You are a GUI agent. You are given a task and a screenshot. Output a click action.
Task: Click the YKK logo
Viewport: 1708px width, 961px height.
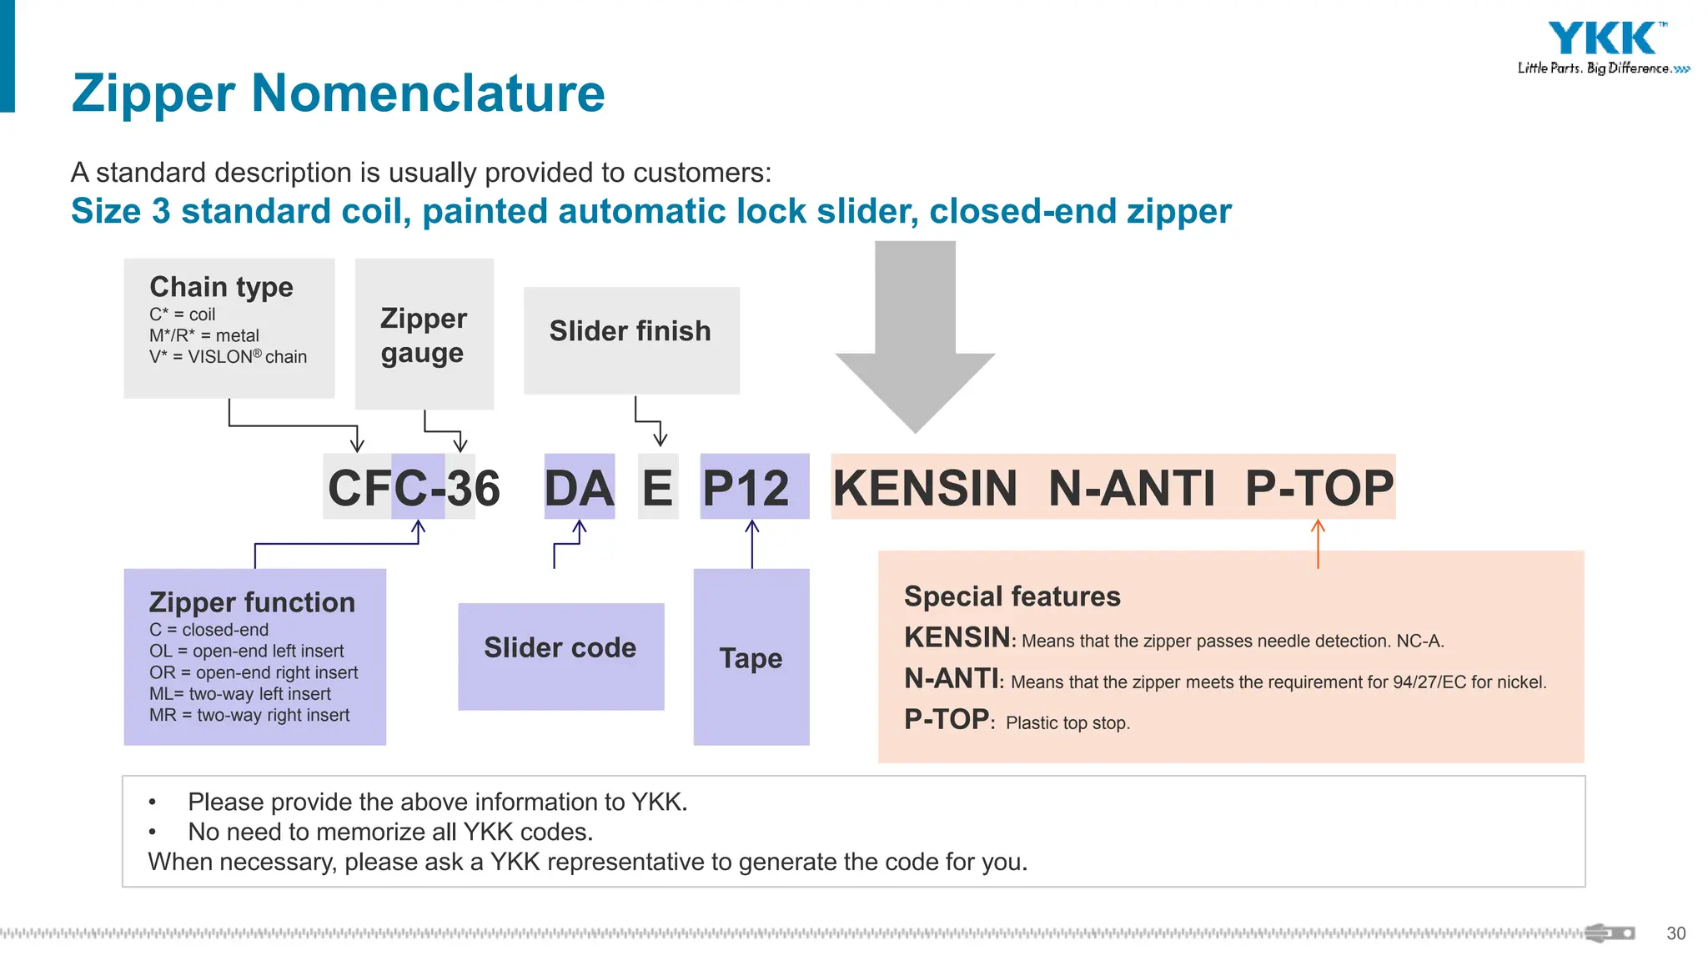[1602, 39]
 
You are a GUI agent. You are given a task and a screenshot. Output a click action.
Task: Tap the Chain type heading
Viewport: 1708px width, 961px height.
[221, 286]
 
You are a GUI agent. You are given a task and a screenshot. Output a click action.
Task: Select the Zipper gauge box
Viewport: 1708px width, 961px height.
[424, 335]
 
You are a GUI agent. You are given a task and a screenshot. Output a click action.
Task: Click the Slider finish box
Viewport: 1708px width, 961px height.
[630, 331]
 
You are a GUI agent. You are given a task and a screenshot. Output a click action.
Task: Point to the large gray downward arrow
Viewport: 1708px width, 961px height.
[915, 334]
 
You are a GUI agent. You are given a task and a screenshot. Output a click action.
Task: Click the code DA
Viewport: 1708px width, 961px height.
[579, 487]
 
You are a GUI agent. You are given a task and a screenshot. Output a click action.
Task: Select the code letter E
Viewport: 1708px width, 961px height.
[657, 487]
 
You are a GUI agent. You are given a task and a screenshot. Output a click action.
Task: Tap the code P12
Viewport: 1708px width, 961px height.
[746, 487]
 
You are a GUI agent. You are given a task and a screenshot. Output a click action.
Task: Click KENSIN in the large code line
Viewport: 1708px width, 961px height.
[925, 487]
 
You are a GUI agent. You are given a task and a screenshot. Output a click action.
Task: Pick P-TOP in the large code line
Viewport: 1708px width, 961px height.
[1319, 487]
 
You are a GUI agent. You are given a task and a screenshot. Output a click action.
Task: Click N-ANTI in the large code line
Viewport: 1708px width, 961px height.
[1131, 487]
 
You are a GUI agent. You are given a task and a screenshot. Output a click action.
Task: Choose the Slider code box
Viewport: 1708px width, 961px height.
[560, 648]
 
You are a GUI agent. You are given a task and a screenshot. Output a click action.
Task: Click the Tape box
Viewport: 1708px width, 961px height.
[751, 658]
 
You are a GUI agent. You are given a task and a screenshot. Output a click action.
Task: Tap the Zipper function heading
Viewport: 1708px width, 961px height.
[252, 601]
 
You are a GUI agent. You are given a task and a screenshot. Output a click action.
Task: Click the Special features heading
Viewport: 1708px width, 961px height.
[1012, 596]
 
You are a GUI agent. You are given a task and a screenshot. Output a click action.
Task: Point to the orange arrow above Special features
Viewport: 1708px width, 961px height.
[1318, 544]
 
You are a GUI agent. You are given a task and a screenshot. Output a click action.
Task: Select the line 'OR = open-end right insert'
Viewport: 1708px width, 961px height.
[254, 672]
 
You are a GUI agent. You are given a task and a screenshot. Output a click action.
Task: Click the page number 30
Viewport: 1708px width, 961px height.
[1675, 933]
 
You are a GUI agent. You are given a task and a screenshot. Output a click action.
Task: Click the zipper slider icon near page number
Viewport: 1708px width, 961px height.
[1609, 933]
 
